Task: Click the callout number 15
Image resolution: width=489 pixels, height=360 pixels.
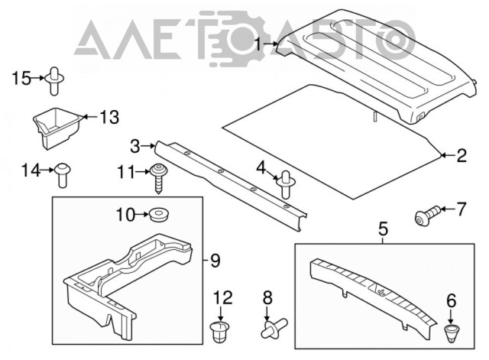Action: (x=21, y=78)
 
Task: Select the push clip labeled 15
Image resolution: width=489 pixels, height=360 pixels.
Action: (x=55, y=79)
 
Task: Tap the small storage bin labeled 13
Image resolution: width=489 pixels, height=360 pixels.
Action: (x=58, y=128)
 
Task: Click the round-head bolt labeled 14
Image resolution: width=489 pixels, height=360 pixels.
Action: (x=63, y=174)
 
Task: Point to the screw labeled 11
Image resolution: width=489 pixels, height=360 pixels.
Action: (x=159, y=178)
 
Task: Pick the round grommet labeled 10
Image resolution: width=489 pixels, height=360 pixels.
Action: (x=159, y=215)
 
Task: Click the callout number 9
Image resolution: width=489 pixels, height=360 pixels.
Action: (x=215, y=261)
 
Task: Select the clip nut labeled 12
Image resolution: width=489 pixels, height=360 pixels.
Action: (x=219, y=332)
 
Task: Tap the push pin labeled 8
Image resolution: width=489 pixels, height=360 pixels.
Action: (x=273, y=328)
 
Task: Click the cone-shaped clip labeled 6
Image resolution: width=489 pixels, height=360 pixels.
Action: (x=452, y=333)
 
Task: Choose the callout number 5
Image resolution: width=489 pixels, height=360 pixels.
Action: (x=383, y=229)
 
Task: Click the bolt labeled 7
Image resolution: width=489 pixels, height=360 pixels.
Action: (x=426, y=216)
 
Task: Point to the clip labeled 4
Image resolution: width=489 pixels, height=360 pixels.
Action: (x=284, y=183)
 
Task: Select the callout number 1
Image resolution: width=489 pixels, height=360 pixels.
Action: (x=258, y=44)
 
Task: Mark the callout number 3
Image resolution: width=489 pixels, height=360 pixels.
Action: (x=135, y=146)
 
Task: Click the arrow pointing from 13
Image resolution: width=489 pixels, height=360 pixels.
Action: (x=89, y=117)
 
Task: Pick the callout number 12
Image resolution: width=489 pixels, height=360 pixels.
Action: (x=222, y=297)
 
